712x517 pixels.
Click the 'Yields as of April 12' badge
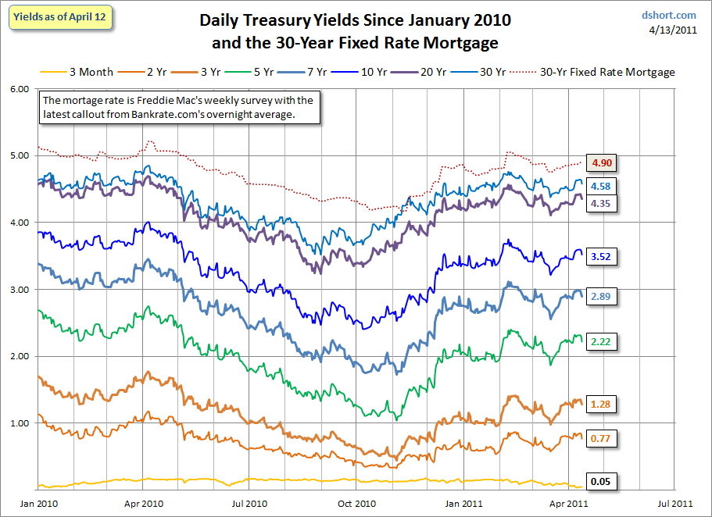point(59,17)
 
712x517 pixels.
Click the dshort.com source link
point(668,15)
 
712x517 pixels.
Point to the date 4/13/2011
point(672,30)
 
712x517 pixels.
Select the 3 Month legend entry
point(77,72)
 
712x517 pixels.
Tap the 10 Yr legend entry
point(359,72)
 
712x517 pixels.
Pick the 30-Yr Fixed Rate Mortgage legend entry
point(592,72)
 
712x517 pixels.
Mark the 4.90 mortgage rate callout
point(602,163)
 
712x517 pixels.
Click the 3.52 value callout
point(601,256)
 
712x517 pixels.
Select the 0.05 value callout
point(601,482)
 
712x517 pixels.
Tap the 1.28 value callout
point(601,404)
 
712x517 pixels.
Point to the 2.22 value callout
point(601,341)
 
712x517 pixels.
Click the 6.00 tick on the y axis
point(20,89)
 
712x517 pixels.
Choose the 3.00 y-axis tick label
point(20,290)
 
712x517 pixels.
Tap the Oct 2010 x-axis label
point(357,504)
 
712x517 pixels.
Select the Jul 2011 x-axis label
point(675,504)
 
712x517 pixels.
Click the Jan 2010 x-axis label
point(39,504)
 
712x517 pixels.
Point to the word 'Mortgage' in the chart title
point(460,43)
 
